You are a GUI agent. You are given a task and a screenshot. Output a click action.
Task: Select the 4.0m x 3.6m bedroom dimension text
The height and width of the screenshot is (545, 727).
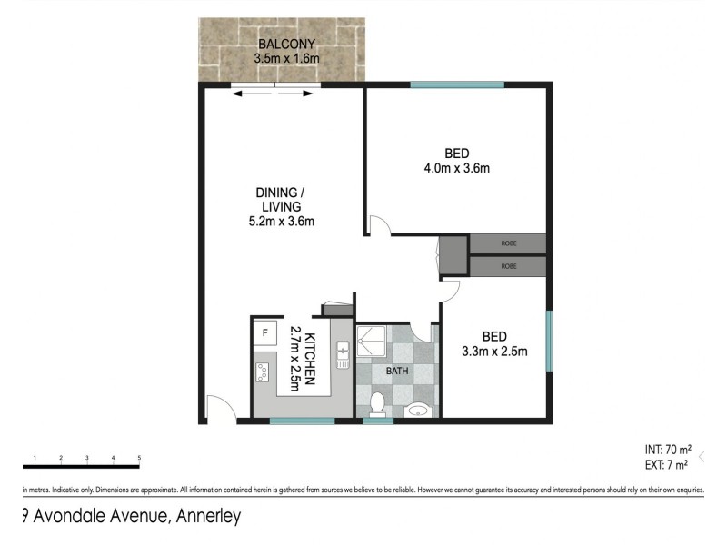pos(456,168)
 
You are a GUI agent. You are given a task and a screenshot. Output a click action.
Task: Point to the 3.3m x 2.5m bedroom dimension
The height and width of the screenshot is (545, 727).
pos(494,351)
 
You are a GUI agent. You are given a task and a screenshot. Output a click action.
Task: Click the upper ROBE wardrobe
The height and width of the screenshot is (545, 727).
pos(507,244)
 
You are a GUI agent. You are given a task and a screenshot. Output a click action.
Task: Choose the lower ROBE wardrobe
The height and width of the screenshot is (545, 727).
pos(507,266)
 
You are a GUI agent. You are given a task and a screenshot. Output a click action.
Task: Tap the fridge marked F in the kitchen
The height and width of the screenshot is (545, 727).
pos(264,333)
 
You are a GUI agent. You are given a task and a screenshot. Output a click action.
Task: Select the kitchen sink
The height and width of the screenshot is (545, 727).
pos(343,355)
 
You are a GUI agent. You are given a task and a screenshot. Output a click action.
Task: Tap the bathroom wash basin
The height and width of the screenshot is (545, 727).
pos(417,409)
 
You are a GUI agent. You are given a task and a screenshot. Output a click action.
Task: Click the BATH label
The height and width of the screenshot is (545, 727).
pos(398,371)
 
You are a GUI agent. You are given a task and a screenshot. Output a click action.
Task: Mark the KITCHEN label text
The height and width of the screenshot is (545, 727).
pos(309,360)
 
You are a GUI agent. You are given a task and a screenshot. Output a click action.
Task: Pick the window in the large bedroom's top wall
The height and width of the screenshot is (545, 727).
pos(456,85)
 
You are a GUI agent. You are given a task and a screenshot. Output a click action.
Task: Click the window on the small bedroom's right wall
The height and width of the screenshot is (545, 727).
pos(548,342)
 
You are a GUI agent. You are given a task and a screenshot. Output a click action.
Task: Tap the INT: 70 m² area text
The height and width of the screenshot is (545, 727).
pos(666,449)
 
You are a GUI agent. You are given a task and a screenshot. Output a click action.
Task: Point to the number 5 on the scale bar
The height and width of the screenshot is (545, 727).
pos(139,457)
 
